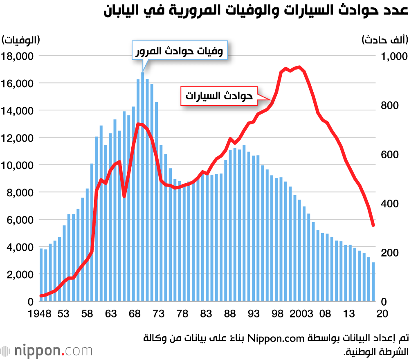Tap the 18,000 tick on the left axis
[18, 56]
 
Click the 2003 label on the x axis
[301, 314]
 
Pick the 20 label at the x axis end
[382, 314]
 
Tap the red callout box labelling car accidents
[219, 96]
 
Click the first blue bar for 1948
[41, 274]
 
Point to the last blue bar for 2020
[373, 282]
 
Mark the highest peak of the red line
[299, 67]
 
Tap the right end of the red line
[373, 225]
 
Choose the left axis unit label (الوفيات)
[21, 40]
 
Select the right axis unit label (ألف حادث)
[384, 40]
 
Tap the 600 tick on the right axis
[389, 155]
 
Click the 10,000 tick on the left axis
[18, 165]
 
